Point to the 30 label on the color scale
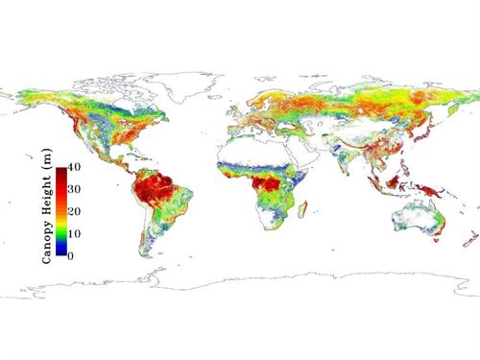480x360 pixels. coord(74,192)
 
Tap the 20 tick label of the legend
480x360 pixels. coord(74,212)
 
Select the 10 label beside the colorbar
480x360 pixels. coord(74,234)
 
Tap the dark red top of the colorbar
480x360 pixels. coord(60,171)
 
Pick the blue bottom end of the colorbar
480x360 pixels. coord(60,253)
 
